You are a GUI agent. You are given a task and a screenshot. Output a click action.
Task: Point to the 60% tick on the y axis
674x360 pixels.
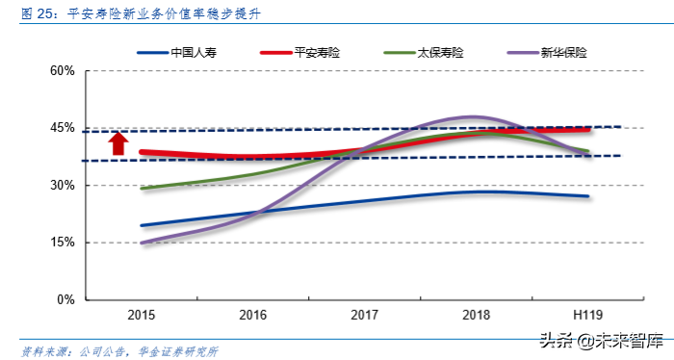click(x=63, y=71)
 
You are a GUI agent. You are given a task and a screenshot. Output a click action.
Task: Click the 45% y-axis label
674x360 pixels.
click(x=63, y=128)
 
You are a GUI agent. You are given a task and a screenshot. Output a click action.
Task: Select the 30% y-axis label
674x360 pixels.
click(x=63, y=185)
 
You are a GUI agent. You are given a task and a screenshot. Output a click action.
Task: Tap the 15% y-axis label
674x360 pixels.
click(x=63, y=242)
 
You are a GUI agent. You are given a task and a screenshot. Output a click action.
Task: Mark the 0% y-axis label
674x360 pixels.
click(x=66, y=299)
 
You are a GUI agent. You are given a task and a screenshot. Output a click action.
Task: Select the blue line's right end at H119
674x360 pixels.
click(x=587, y=196)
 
